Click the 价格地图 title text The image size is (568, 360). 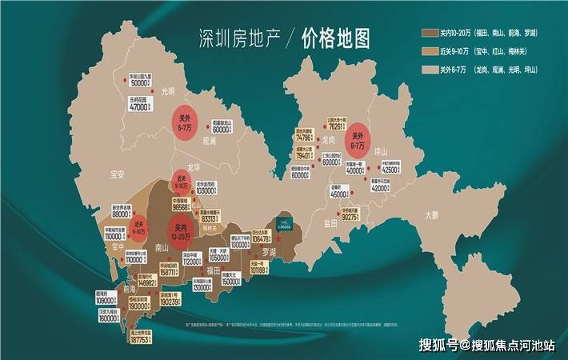[x=336, y=38]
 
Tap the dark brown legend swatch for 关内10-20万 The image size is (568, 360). [x=429, y=33]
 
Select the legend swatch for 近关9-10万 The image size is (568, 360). [x=429, y=50]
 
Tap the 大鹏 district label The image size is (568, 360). [x=433, y=214]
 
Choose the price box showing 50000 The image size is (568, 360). [x=141, y=80]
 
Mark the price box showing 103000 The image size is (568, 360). [x=206, y=190]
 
